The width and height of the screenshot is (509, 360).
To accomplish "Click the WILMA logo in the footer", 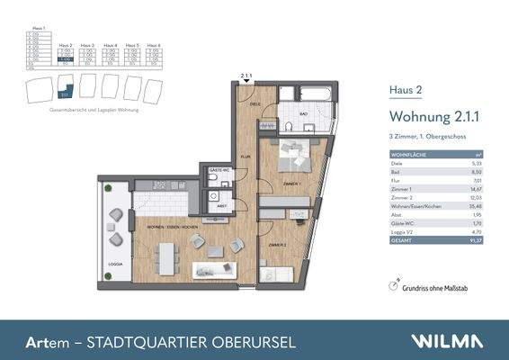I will (x=448, y=341).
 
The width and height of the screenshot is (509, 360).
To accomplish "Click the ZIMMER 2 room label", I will (x=277, y=245).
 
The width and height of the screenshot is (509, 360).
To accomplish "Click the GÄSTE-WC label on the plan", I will (x=217, y=170).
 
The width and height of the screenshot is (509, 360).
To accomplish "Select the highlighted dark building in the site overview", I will (x=64, y=86).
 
